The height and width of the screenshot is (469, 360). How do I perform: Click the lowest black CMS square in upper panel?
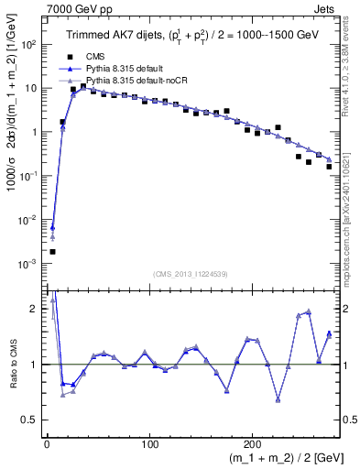pyautogui.click(x=52, y=251)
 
